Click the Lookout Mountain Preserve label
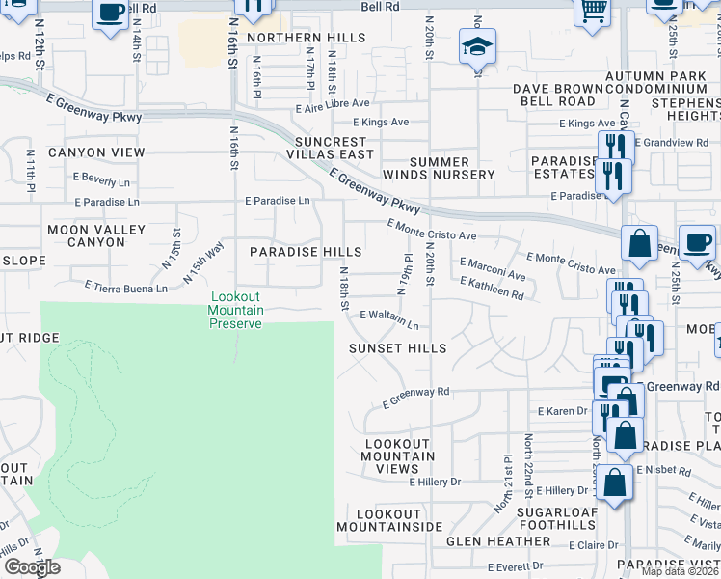(x=236, y=311)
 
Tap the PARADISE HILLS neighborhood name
(x=306, y=251)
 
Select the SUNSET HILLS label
(x=397, y=347)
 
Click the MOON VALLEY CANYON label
(x=96, y=235)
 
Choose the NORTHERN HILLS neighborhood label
(x=306, y=38)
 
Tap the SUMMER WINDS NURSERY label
(x=439, y=168)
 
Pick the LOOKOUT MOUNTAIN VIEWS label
(x=390, y=455)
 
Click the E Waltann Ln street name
(x=389, y=318)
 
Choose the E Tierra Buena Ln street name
(x=126, y=287)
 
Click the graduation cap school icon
(x=476, y=46)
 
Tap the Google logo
(x=32, y=568)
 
